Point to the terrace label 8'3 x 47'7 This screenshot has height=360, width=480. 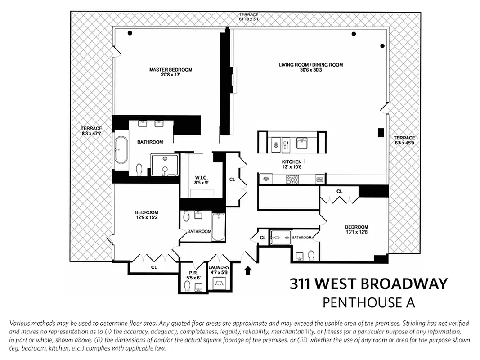point(91,131)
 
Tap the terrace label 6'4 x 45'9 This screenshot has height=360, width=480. point(404,140)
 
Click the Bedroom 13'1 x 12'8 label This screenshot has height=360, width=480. point(356,229)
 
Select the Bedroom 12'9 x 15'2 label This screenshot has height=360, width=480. point(147,215)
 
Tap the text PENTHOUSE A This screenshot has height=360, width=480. point(368,302)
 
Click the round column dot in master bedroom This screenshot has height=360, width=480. point(130,33)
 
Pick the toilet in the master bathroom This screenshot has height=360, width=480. point(139,169)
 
